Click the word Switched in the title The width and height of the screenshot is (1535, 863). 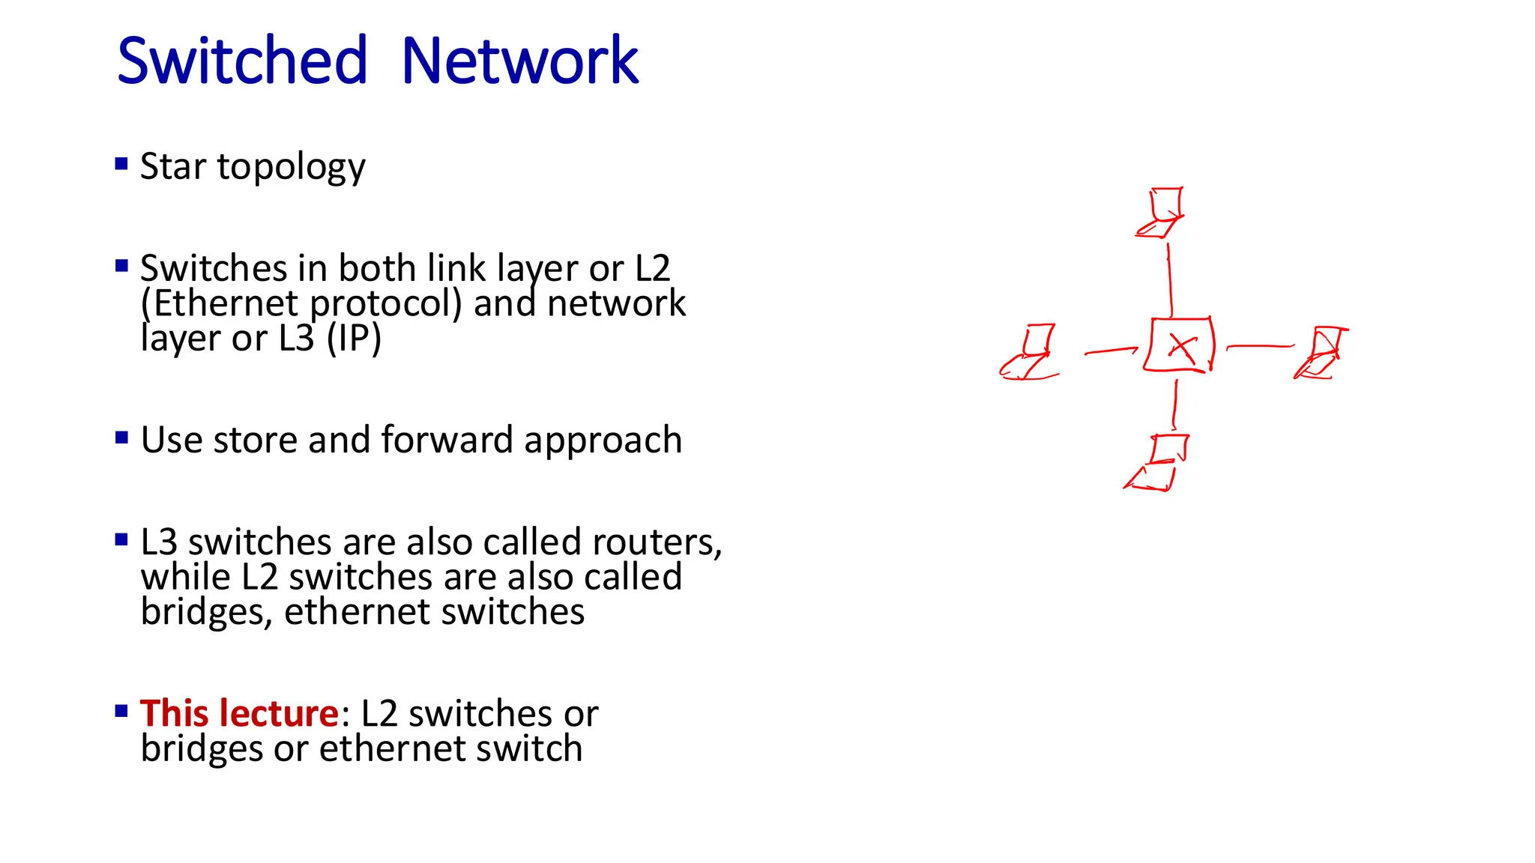tap(242, 61)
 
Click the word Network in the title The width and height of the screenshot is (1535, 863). tap(519, 61)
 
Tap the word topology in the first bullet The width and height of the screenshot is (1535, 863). tap(291, 168)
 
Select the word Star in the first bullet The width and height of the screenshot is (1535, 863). tap(172, 166)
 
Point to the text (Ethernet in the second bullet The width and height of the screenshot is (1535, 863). tap(220, 303)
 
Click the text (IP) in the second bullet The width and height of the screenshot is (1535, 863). tap(354, 338)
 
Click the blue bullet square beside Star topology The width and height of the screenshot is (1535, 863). tap(121, 163)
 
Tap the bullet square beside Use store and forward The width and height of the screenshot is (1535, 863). tap(121, 437)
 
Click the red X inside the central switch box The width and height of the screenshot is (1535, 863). tap(1181, 348)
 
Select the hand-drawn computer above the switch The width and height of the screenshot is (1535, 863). tap(1161, 213)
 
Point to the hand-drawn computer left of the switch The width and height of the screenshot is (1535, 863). tap(1031, 353)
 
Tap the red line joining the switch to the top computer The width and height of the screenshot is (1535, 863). tap(1170, 279)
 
